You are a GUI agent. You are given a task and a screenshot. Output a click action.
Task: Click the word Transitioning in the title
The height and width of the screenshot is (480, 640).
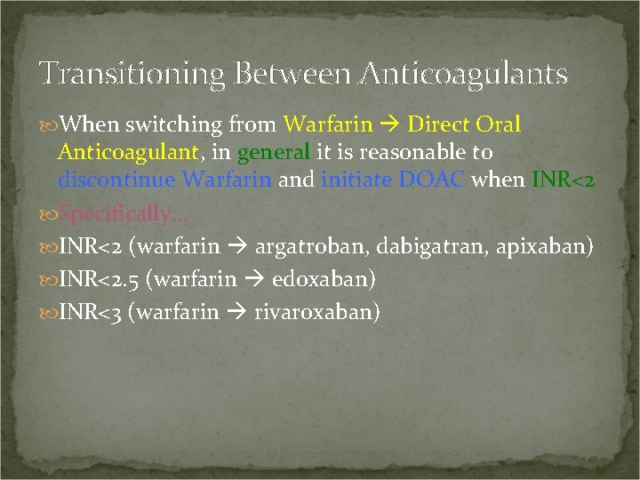tap(131, 74)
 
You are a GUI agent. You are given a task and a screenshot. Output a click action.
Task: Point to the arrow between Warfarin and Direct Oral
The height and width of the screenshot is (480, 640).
tap(389, 125)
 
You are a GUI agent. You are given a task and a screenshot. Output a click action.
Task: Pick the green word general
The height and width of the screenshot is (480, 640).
tap(272, 152)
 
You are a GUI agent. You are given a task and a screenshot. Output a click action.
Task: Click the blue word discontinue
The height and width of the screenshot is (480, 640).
tap(116, 180)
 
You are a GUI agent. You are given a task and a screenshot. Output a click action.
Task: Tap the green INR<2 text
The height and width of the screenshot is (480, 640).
tap(563, 180)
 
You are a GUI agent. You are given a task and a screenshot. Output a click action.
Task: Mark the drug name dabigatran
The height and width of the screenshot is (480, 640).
tap(414, 246)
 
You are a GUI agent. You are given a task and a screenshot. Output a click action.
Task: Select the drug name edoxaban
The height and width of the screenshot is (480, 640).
tap(324, 279)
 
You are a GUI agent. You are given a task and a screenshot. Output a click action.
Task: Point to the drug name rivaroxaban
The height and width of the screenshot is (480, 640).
tap(316, 312)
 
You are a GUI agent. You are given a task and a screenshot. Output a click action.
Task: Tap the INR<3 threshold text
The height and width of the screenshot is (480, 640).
tap(90, 312)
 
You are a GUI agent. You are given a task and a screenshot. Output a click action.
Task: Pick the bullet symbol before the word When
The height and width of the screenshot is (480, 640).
tap(49, 125)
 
